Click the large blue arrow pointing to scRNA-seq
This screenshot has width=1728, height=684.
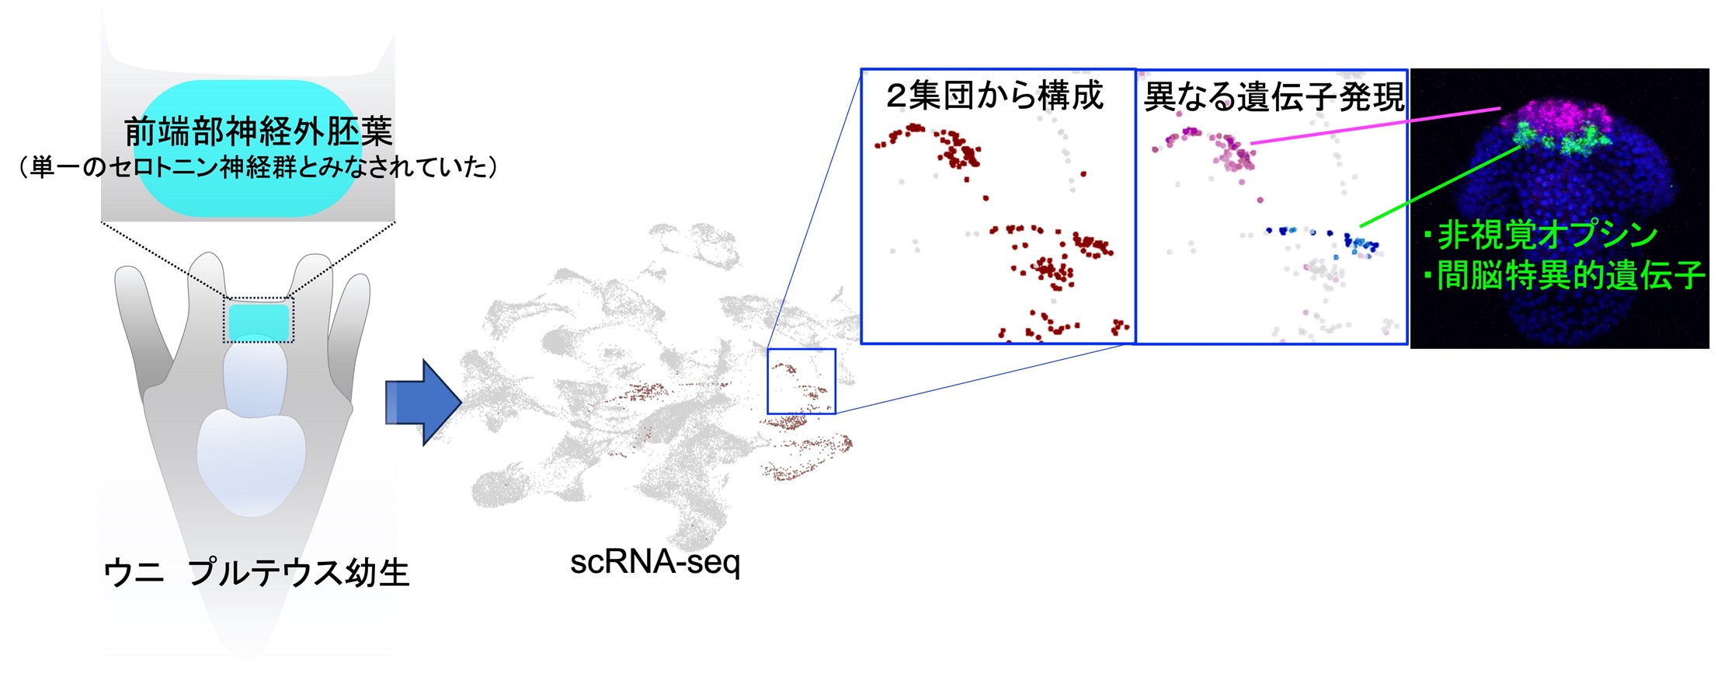[x=424, y=403]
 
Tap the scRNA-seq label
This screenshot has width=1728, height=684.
[x=655, y=562]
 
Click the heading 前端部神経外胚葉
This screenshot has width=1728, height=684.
[x=259, y=131]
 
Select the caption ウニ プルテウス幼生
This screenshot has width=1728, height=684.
[x=256, y=573]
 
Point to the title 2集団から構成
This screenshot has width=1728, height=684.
[x=995, y=96]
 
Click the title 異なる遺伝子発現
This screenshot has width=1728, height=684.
[x=1274, y=97]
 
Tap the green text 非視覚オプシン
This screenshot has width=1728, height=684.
[x=1542, y=234]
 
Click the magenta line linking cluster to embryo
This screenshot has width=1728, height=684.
[x=1375, y=126]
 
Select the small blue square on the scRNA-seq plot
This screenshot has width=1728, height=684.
[x=801, y=381]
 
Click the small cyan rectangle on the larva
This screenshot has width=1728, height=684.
[x=259, y=320]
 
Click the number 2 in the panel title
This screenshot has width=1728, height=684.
[x=897, y=96]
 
